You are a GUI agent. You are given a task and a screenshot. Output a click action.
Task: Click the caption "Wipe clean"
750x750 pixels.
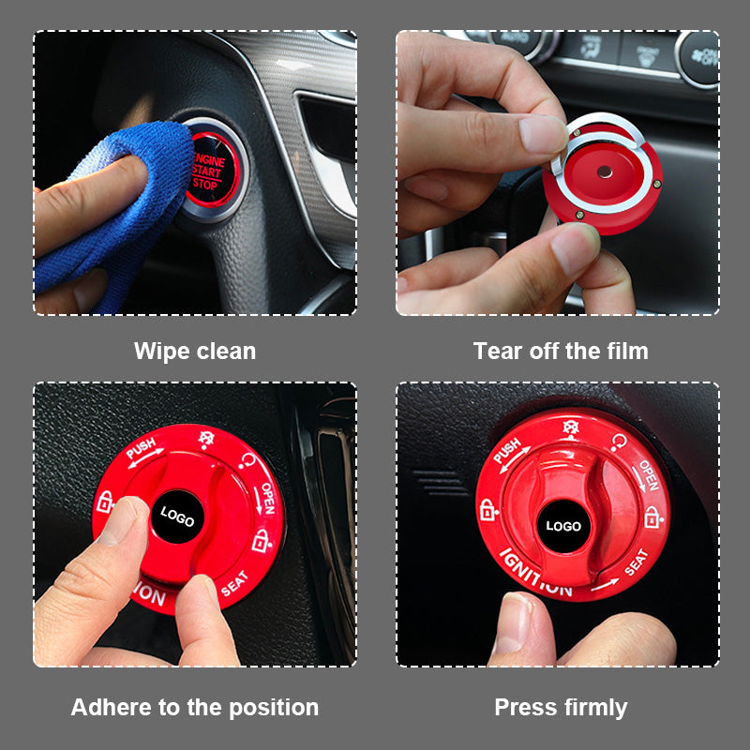click(195, 352)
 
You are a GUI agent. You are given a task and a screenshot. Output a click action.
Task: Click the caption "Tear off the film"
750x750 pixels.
click(561, 352)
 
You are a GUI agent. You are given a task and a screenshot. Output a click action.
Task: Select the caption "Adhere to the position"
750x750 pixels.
click(195, 707)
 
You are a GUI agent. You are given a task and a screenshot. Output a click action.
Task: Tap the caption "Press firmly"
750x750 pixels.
click(561, 707)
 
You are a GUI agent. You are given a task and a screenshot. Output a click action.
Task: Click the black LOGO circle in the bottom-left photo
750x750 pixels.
click(178, 515)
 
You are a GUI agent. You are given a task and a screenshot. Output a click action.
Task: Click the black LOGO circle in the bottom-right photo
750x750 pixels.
click(563, 526)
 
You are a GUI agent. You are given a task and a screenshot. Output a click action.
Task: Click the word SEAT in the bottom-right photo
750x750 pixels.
click(636, 562)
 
